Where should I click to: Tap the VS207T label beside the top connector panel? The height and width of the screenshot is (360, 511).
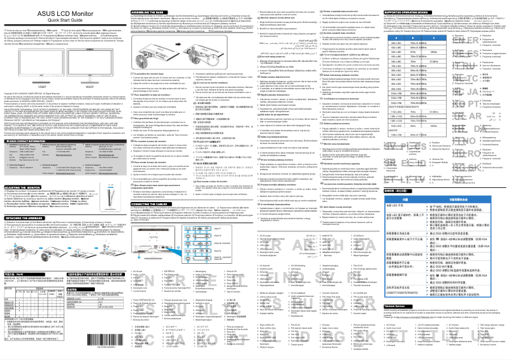(270, 227)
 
